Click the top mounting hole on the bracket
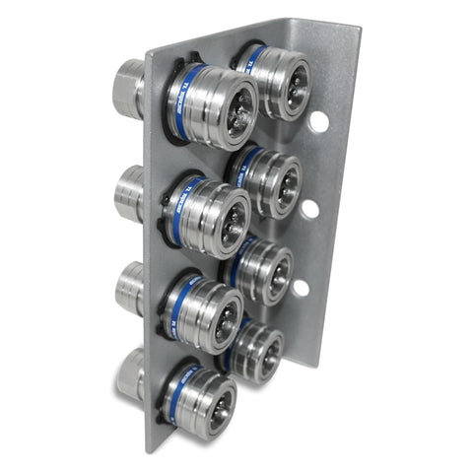coord(318,122)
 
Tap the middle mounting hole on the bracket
coord(309,209)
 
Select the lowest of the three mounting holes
coord(300,288)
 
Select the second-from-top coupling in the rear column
coord(276,181)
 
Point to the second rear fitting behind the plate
coord(128,193)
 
